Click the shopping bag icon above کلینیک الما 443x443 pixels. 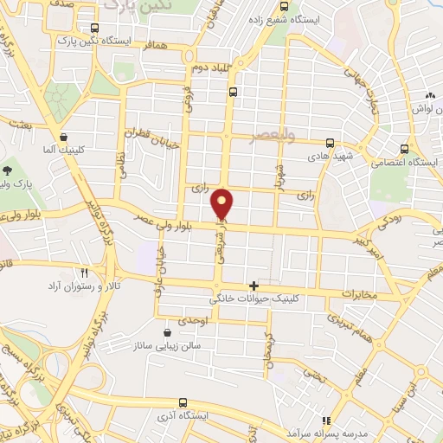pos(63,137)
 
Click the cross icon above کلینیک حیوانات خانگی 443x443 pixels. pos(254,286)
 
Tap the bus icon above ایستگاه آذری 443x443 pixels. pos(183,402)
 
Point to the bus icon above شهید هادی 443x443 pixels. pos(330,144)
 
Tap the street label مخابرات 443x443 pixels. pos(359,295)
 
